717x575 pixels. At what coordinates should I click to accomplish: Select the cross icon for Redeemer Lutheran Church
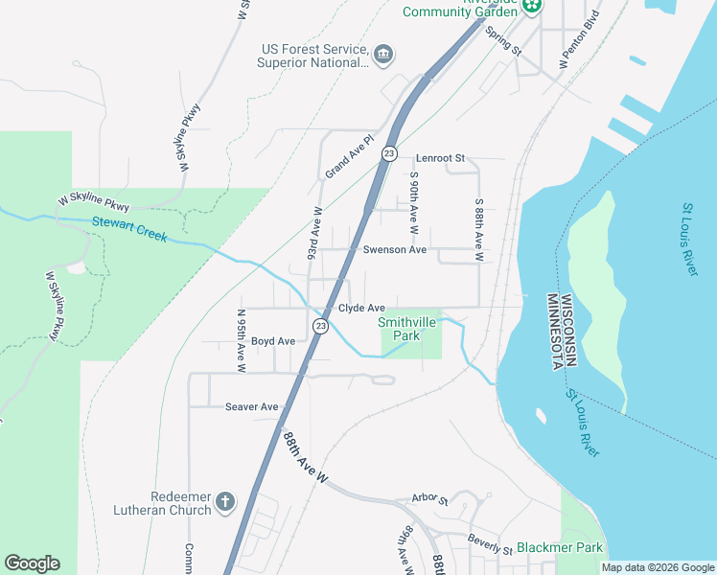click(x=225, y=502)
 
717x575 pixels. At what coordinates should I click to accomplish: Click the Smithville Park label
click(x=407, y=329)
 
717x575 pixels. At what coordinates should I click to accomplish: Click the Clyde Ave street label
click(x=361, y=308)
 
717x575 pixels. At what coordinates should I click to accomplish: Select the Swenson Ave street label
click(x=394, y=249)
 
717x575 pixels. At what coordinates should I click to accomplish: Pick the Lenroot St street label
click(x=440, y=157)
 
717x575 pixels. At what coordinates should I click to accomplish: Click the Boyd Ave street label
click(x=272, y=341)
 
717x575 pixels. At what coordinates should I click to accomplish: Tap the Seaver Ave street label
click(x=251, y=406)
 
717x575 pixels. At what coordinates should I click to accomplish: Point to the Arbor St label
click(x=429, y=499)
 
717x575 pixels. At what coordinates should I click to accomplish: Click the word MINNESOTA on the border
click(x=553, y=332)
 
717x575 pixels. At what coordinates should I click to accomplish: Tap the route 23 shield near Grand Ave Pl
click(x=389, y=153)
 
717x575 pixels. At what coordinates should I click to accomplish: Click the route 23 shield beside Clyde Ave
click(x=320, y=327)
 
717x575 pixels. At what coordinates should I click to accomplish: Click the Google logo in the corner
click(x=32, y=563)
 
